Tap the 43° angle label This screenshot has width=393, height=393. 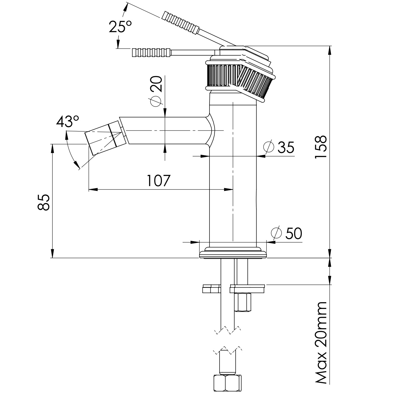68,121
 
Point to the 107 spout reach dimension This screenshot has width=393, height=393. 159,181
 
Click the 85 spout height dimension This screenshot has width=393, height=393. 44,202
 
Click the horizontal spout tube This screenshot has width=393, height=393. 166,131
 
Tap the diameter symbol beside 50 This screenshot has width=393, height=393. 276,233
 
